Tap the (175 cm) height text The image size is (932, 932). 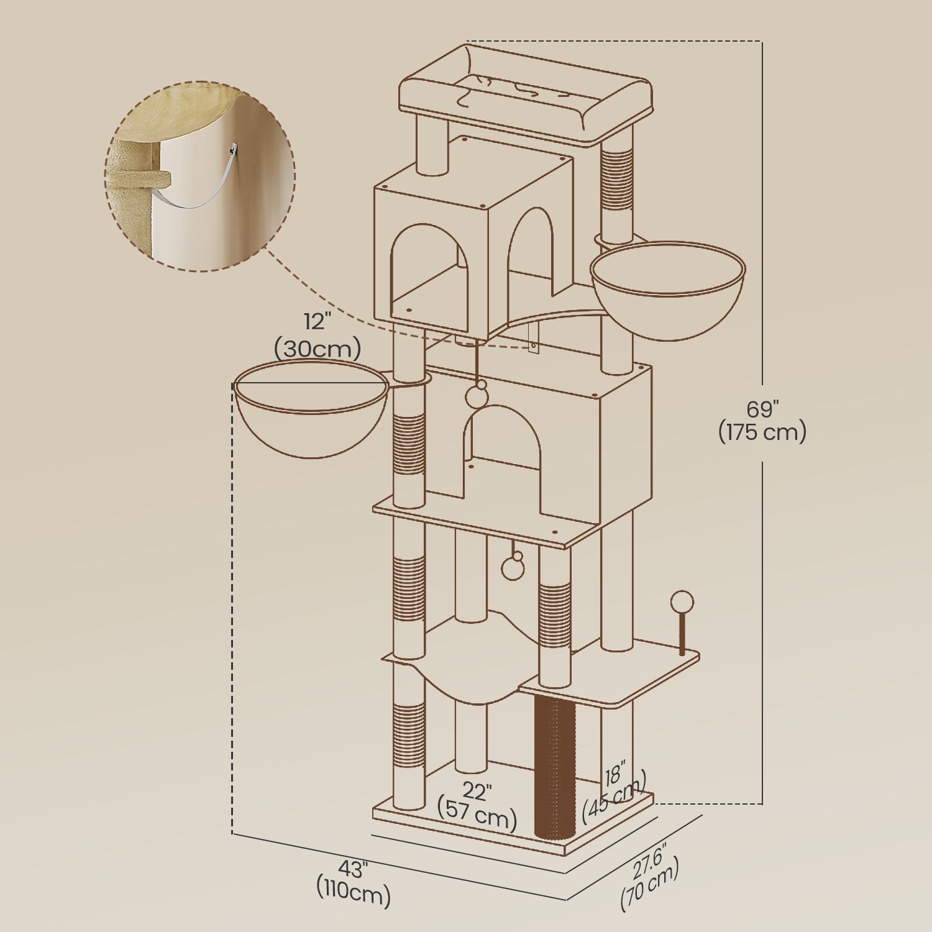pos(762,432)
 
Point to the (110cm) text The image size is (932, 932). pos(353,895)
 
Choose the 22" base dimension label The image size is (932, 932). pos(477,792)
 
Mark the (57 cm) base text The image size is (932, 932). pos(477,817)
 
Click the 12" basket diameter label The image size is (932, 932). pos(318,322)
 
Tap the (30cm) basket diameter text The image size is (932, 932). pos(318,349)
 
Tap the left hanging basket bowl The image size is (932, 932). pos(311,416)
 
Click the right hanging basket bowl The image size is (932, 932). pos(667,292)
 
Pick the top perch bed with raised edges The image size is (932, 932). pos(525,96)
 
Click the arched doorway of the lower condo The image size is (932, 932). pos(502,454)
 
